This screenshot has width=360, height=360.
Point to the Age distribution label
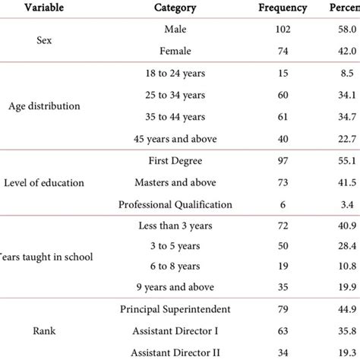point(49,106)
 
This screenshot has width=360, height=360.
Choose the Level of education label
point(49,182)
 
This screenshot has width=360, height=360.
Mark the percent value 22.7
point(349,138)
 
